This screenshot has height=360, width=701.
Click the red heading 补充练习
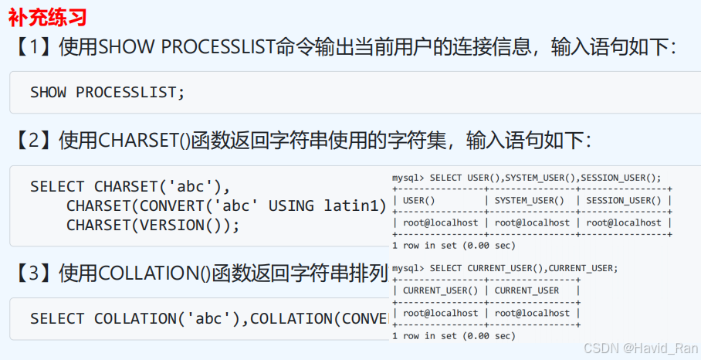click(x=47, y=16)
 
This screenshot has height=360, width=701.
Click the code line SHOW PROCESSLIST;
click(x=108, y=92)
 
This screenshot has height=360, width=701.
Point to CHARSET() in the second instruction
click(x=145, y=140)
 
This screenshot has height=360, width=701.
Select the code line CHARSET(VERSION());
click(x=153, y=225)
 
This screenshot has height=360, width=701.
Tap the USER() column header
click(x=419, y=201)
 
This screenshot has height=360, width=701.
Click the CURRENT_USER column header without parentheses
click(x=527, y=290)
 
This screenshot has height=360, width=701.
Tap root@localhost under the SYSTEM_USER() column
click(x=533, y=222)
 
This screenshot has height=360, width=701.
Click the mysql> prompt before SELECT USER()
click(x=408, y=178)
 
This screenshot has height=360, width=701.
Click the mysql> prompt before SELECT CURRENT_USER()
click(x=408, y=268)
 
